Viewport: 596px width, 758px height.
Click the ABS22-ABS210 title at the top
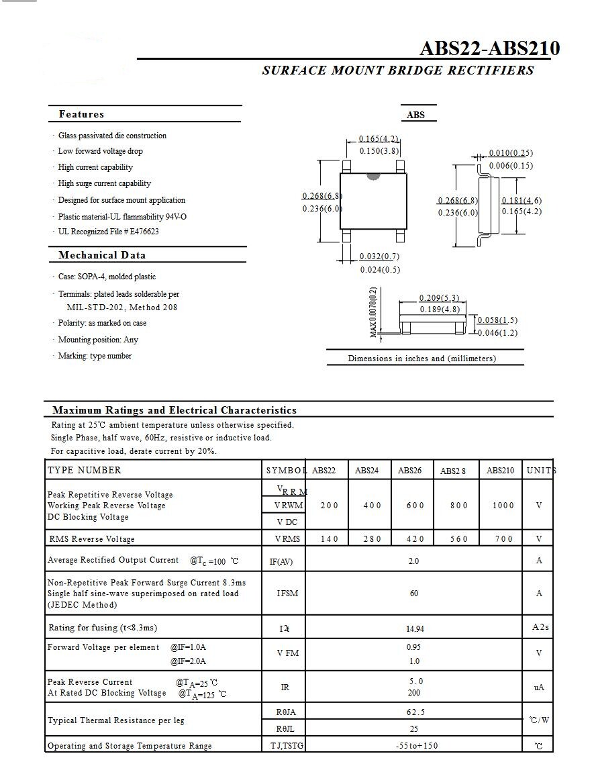pos(489,49)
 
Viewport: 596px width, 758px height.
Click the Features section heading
pos(81,114)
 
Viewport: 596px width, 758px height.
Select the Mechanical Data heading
pos(102,255)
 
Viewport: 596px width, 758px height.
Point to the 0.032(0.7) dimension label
pos(379,256)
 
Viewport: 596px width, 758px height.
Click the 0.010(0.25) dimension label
pos(511,153)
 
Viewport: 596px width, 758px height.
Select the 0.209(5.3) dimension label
pos(440,298)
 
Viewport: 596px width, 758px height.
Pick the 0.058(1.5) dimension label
pos(497,321)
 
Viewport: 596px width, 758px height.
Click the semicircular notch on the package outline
pos(372,177)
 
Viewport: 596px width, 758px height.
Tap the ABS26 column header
pos(409,471)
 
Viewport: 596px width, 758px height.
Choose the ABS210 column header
pos(500,471)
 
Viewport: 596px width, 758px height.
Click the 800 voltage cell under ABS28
pos(459,506)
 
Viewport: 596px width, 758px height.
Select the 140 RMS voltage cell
pos(330,539)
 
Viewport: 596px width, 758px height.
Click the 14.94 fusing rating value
pos(415,629)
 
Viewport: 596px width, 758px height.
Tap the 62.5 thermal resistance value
pos(415,712)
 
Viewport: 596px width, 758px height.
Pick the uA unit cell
pos(539,688)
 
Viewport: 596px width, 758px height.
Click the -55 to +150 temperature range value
pos(415,746)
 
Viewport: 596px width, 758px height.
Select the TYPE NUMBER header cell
pos(85,471)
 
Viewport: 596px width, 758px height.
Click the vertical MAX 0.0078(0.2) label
pos(373,312)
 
